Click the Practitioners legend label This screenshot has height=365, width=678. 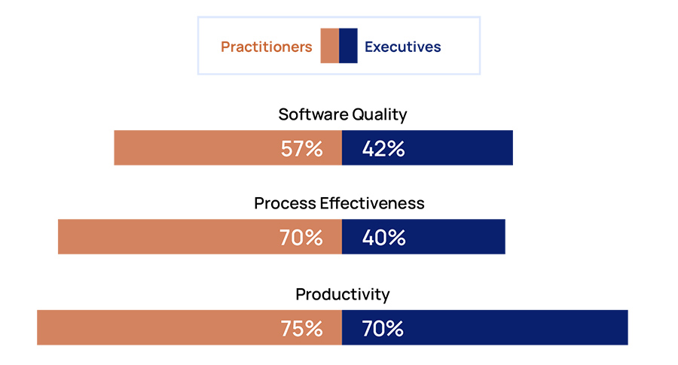point(266,47)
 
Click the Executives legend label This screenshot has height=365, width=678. point(402,47)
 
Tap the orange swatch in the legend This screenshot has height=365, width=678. point(329,46)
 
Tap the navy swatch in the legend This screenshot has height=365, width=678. point(348,46)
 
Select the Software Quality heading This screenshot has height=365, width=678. point(342,114)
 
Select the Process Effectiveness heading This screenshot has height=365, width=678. point(339,203)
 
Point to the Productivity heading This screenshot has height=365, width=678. point(342,294)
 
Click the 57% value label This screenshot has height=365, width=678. point(301,149)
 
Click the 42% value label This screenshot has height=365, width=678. point(383,149)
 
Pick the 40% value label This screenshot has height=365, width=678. point(383,238)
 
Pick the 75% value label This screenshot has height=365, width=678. point(301,329)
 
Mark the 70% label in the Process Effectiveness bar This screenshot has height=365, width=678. point(301,238)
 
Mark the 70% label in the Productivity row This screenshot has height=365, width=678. point(383,329)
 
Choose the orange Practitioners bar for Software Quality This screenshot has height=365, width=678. point(196,148)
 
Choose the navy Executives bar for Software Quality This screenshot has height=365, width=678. point(460,148)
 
